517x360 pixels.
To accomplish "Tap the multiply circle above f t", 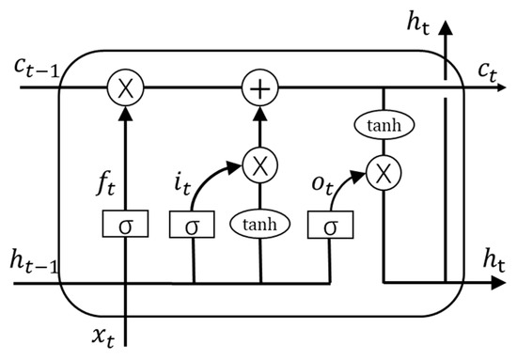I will (x=124, y=90).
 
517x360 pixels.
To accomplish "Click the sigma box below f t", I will (x=124, y=226).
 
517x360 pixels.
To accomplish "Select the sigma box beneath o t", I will (x=328, y=226).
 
